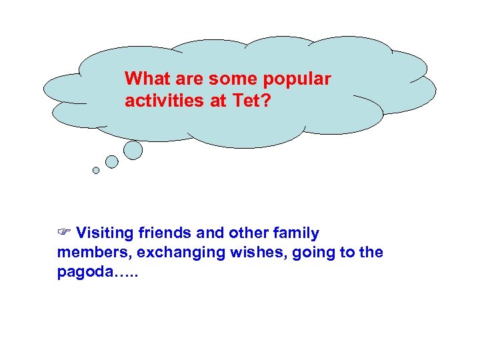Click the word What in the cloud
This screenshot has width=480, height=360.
click(144, 79)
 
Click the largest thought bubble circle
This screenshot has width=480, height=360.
click(133, 150)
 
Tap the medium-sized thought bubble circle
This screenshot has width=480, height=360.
click(112, 161)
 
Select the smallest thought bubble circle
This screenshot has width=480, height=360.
click(96, 171)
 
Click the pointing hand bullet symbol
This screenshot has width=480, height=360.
click(64, 233)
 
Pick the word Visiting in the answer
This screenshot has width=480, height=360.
click(105, 233)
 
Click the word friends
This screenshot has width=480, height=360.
click(166, 233)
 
